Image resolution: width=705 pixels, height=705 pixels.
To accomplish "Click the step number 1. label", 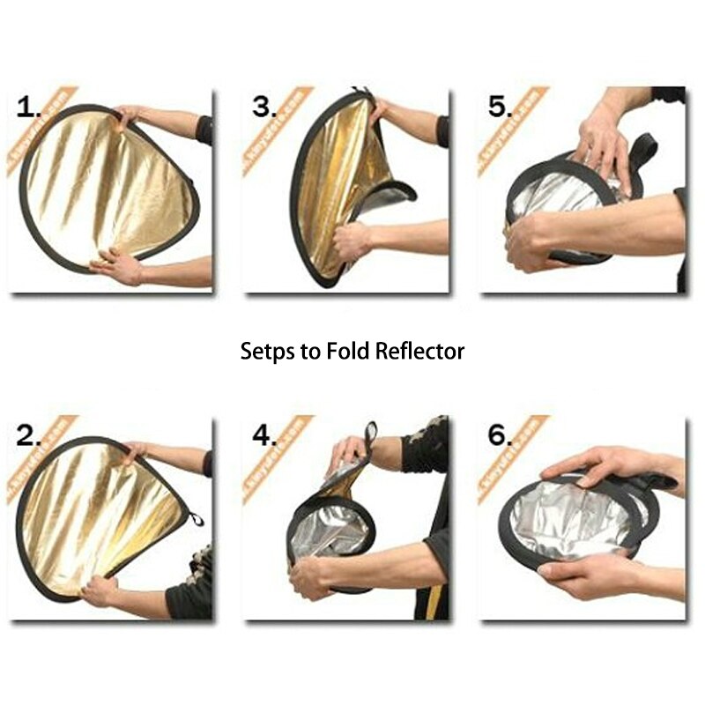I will (x=29, y=108).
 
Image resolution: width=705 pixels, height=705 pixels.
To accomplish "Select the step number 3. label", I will (x=264, y=108).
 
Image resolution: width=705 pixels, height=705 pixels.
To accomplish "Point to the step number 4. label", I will (x=264, y=434).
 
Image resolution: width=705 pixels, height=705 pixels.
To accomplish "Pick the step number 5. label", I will (x=500, y=108).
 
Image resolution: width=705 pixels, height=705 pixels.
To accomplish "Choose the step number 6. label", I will (x=500, y=434).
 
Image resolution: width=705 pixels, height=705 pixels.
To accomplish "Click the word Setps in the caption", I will (x=267, y=352).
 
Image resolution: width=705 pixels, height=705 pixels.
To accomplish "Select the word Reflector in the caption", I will (x=419, y=351).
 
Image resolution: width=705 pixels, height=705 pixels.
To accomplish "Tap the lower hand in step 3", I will (x=352, y=240).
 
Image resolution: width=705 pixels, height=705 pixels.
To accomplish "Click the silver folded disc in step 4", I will (x=330, y=529).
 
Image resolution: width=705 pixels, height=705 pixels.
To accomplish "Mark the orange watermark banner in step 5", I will (x=511, y=132).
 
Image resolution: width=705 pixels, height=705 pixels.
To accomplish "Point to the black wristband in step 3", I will (x=442, y=131).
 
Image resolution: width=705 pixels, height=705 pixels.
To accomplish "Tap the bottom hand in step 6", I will (x=586, y=577).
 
